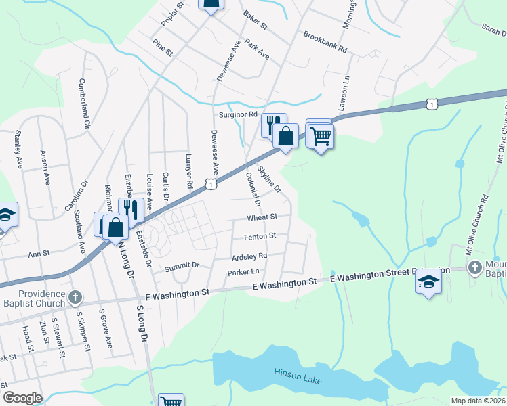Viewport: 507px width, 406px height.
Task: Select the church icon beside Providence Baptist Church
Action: [x=76, y=297]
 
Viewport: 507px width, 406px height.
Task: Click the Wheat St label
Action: [x=263, y=217]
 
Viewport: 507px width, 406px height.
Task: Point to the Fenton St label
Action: [x=260, y=237]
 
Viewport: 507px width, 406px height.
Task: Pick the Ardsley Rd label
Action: [x=249, y=256]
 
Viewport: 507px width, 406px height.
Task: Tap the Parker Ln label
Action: [x=244, y=272]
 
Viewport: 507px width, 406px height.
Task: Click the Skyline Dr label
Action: [x=268, y=181]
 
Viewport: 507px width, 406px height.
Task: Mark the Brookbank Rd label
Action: [x=325, y=41]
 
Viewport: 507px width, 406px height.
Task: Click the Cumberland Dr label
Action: [x=84, y=104]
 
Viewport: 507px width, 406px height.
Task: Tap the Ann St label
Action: [x=39, y=254]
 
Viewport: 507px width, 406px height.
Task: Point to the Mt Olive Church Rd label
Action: [x=477, y=225]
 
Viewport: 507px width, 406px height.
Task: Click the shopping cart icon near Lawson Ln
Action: [x=321, y=135]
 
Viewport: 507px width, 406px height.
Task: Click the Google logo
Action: [x=22, y=398]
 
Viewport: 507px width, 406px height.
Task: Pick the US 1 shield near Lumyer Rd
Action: [x=212, y=184]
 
